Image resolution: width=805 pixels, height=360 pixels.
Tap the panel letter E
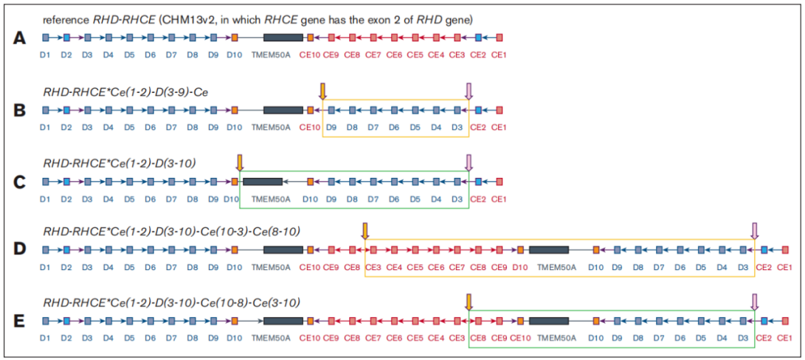click(21, 322)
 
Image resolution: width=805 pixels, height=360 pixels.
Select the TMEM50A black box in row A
click(283, 37)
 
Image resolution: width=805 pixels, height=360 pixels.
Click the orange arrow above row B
click(322, 91)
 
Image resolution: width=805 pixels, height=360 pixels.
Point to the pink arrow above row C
click(469, 162)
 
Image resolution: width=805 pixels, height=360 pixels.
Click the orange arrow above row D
click(365, 231)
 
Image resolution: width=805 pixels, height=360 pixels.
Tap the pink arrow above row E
click(754, 301)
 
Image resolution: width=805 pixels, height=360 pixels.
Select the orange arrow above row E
click(469, 301)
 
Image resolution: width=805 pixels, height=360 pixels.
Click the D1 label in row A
click(45, 55)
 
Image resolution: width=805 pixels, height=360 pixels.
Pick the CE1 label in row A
click(499, 55)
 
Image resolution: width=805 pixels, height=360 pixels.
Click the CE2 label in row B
click(478, 127)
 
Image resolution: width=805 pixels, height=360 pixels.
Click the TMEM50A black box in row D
click(549, 251)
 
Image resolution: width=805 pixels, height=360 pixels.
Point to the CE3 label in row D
click(373, 267)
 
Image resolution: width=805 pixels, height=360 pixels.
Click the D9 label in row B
click(332, 127)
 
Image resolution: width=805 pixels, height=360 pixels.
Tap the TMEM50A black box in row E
click(549, 321)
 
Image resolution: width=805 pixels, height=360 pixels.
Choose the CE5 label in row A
click(415, 55)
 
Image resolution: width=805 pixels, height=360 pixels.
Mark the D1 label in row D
click(45, 267)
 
